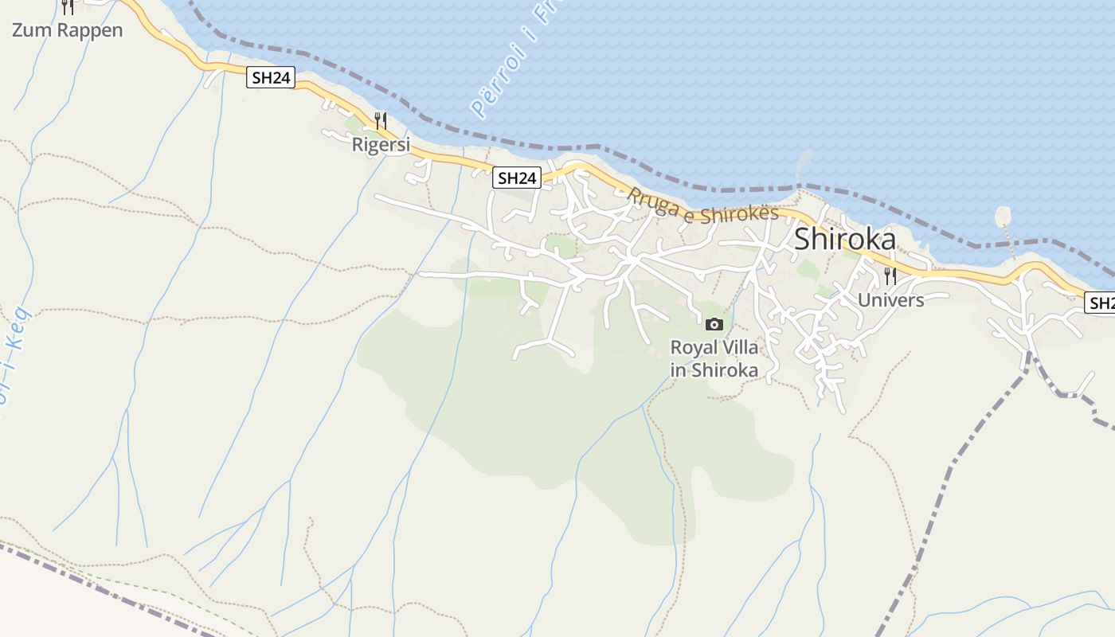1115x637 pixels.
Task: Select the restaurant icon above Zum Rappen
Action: click(x=68, y=6)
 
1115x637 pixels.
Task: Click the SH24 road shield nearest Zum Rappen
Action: click(x=271, y=77)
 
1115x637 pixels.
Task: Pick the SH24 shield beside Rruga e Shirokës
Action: click(x=517, y=178)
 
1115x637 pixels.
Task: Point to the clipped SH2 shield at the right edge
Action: click(x=1101, y=303)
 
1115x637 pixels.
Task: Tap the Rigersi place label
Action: click(x=381, y=145)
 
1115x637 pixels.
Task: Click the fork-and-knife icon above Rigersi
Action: click(x=381, y=121)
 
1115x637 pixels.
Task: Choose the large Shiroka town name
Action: click(x=845, y=240)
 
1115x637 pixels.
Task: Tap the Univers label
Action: click(x=890, y=300)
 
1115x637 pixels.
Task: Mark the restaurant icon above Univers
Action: click(x=890, y=276)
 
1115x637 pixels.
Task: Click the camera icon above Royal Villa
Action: click(x=714, y=324)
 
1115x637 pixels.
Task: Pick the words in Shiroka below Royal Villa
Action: click(x=714, y=370)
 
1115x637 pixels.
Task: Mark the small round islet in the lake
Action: click(x=1003, y=216)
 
